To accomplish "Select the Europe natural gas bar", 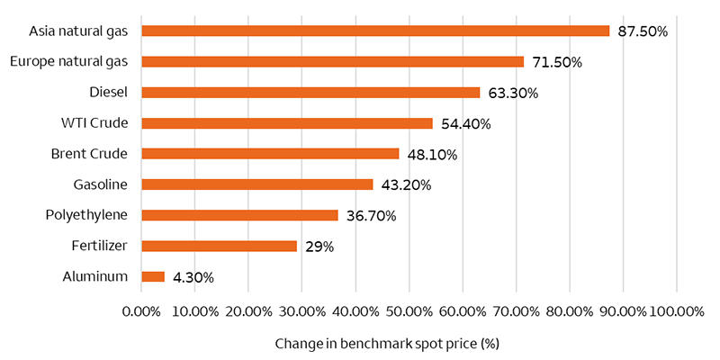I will (x=333, y=61).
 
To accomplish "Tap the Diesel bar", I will (x=310, y=92).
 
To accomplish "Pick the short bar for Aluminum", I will (x=153, y=276).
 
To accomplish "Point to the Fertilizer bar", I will (x=219, y=246).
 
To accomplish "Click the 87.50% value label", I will (x=643, y=31).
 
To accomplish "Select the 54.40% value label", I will (x=465, y=124).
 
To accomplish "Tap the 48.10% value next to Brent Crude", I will (x=432, y=155).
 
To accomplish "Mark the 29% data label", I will (x=319, y=247).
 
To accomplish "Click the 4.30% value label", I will (x=193, y=277).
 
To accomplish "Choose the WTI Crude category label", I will (x=96, y=123).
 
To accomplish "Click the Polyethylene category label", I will (x=86, y=215).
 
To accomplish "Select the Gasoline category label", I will (x=100, y=184).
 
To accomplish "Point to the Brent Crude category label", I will (x=89, y=154).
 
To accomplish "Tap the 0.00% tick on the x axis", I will (x=140, y=311).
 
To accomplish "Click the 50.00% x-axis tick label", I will (x=409, y=311).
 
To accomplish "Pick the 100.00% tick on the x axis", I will (x=676, y=311).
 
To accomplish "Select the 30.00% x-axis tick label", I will (x=301, y=311).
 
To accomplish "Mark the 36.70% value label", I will (x=371, y=216).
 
